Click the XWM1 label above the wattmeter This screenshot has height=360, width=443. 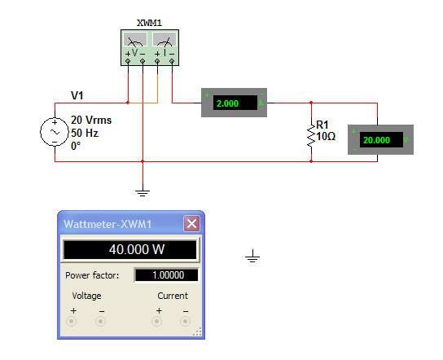(x=148, y=22)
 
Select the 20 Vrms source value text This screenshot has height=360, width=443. (x=92, y=120)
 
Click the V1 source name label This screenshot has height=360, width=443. (x=77, y=95)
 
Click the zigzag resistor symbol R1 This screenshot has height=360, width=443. (x=310, y=134)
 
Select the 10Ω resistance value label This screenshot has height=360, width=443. (x=326, y=136)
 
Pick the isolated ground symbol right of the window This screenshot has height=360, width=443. (x=253, y=258)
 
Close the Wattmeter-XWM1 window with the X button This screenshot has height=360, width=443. (x=191, y=224)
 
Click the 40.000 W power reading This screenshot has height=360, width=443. (x=130, y=250)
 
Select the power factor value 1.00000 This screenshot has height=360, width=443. (x=167, y=275)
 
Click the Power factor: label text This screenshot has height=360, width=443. (x=92, y=275)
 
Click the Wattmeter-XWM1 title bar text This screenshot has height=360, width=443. (x=108, y=224)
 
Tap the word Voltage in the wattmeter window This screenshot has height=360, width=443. (x=87, y=296)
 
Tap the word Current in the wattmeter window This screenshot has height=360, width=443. (x=172, y=296)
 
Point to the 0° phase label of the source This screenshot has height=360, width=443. (x=77, y=143)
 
